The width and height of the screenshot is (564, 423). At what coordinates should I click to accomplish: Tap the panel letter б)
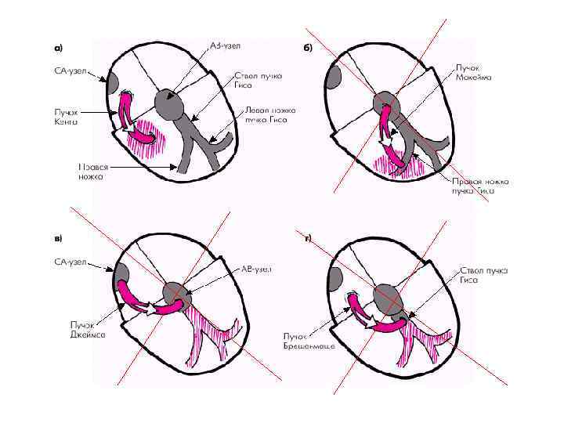pyautogui.click(x=308, y=48)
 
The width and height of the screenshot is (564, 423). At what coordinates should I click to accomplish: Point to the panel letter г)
pyautogui.click(x=308, y=237)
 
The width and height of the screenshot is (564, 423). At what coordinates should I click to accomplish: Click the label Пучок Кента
pyautogui.click(x=65, y=117)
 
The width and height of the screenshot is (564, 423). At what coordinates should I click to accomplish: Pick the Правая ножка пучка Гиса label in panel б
pyautogui.click(x=480, y=185)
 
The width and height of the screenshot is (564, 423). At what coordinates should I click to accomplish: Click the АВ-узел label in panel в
pyautogui.click(x=255, y=269)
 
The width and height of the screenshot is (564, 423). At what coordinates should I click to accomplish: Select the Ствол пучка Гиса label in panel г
pyautogui.click(x=483, y=274)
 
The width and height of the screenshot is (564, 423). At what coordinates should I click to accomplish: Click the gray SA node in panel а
pyautogui.click(x=112, y=81)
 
